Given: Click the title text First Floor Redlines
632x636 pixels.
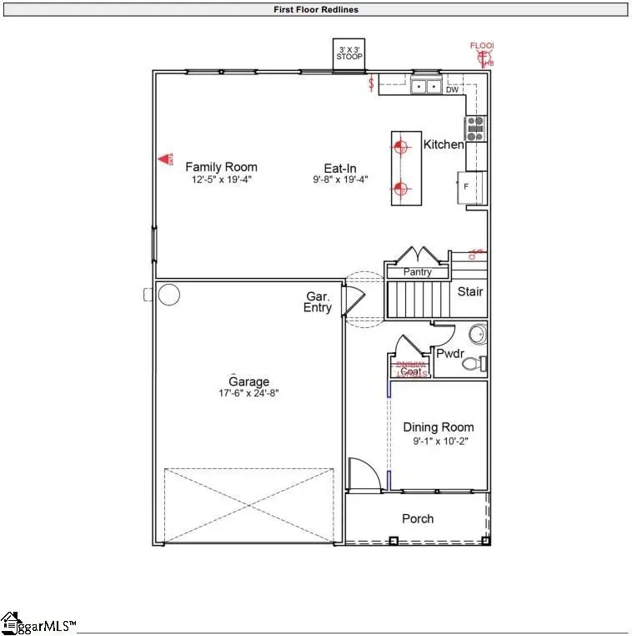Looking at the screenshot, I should click(316, 10).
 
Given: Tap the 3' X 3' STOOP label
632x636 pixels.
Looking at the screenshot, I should click(349, 53).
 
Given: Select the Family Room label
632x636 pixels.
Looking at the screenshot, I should click(221, 167).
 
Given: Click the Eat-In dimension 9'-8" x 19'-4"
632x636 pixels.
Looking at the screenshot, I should click(340, 179).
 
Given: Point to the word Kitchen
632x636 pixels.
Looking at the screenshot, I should click(444, 145).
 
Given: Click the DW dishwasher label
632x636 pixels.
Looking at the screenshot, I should click(453, 89).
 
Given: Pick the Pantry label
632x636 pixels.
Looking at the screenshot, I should click(417, 273).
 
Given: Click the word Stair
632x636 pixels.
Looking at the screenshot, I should click(470, 292).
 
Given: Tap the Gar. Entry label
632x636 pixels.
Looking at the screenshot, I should click(318, 302).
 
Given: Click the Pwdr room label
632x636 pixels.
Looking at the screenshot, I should click(450, 353).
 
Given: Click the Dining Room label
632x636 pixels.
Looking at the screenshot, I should click(438, 427).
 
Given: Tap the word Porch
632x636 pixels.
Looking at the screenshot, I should click(418, 519).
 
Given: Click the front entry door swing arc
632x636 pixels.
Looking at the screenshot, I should click(361, 473).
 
